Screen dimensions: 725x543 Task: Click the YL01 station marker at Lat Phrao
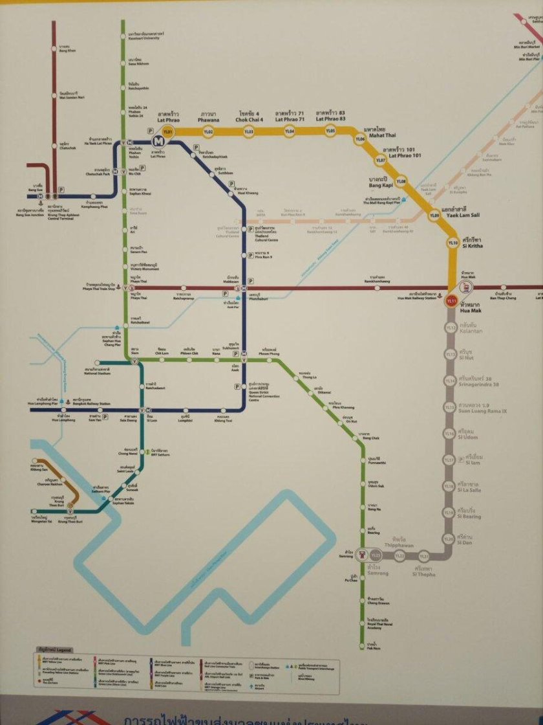pyautogui.click(x=168, y=132)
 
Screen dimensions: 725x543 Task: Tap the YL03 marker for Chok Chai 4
pyautogui.click(x=248, y=132)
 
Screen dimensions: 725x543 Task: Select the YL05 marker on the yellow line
pyautogui.click(x=330, y=132)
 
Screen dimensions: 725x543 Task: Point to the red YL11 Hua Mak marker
pyautogui.click(x=452, y=301)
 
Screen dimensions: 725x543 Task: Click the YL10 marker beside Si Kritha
pyautogui.click(x=452, y=242)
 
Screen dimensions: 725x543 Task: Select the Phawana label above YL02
pyautogui.click(x=209, y=117)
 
